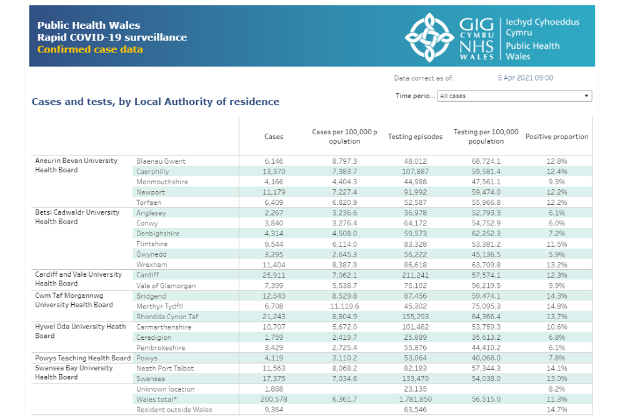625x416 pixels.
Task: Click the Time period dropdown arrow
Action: (x=586, y=96)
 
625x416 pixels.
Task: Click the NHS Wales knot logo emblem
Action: (x=429, y=37)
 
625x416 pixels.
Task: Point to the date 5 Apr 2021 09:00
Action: (x=526, y=77)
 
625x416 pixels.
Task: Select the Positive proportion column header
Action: (x=556, y=136)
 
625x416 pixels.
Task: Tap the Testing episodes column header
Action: (x=416, y=136)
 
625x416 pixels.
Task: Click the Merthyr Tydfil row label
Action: (x=159, y=307)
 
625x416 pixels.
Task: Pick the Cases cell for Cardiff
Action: (x=274, y=275)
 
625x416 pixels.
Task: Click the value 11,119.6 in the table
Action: (x=345, y=306)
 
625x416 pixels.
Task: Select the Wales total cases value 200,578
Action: (x=274, y=399)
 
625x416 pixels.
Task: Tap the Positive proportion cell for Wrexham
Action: (x=557, y=265)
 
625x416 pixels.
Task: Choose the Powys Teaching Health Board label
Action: (x=83, y=358)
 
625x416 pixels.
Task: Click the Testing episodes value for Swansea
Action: (x=416, y=379)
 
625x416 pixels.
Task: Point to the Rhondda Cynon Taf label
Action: (x=167, y=317)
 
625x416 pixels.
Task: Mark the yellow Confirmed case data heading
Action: (x=90, y=49)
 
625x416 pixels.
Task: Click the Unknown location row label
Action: (x=166, y=389)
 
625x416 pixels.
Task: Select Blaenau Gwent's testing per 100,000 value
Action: (x=486, y=161)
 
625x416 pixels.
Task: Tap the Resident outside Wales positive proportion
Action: (x=557, y=410)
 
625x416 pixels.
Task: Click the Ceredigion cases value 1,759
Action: (x=274, y=337)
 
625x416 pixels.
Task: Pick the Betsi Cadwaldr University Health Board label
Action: (x=77, y=217)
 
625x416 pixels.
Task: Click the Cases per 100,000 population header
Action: (x=344, y=136)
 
